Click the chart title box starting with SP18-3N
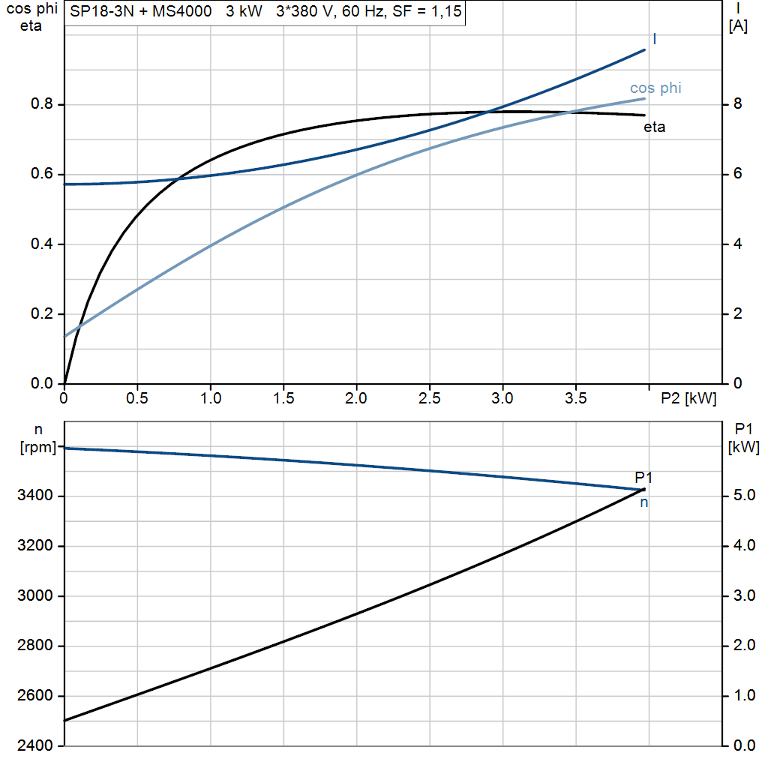click(265, 13)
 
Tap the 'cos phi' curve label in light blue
click(655, 88)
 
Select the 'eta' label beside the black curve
click(654, 127)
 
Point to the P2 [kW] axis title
click(688, 399)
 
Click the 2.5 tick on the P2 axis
click(429, 399)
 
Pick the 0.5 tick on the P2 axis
click(137, 399)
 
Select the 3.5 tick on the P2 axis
click(575, 399)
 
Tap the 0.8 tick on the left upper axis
click(42, 104)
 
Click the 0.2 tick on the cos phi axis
click(42, 314)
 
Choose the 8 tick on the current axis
click(737, 104)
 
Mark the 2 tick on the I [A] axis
click(737, 314)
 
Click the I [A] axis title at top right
click(738, 19)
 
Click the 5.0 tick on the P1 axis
click(743, 496)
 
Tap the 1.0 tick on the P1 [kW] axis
click(743, 696)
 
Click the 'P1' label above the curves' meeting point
click(643, 477)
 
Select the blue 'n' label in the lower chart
click(643, 503)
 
